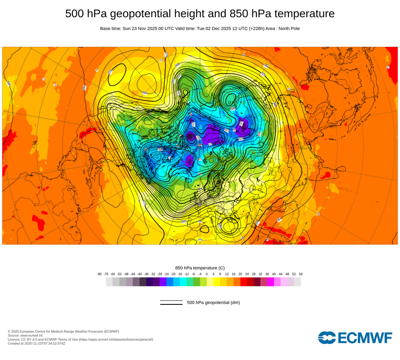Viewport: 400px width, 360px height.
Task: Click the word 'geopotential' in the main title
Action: click(136, 14)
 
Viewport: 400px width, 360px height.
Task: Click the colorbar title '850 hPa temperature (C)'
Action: click(200, 268)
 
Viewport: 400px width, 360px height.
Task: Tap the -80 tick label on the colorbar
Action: click(99, 274)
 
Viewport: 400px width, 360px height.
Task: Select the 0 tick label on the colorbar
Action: click(207, 274)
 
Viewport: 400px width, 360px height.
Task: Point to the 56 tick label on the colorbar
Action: click(301, 274)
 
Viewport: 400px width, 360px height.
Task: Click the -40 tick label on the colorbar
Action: click(140, 274)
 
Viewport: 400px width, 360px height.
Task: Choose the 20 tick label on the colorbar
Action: click(240, 274)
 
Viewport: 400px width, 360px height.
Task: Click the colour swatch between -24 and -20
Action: click(170, 282)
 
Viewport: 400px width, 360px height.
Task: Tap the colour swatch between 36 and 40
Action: click(270, 282)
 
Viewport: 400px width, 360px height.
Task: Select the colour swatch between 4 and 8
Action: click(217, 282)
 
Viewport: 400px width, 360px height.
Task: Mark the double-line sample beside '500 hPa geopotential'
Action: click(171, 303)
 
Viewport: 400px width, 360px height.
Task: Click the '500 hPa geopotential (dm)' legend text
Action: click(213, 303)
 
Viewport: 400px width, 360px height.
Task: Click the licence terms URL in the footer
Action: click(116, 340)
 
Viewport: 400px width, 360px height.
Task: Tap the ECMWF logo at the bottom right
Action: click(355, 338)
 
